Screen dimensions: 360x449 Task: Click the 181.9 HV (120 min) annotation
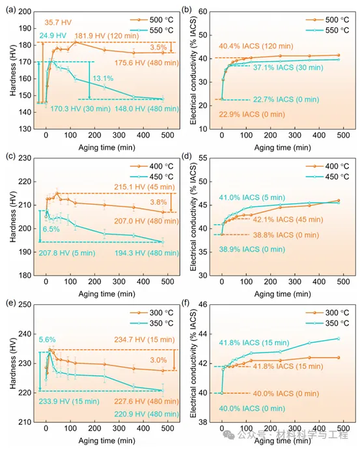click(x=107, y=36)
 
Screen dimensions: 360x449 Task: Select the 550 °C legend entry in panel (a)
click(x=152, y=31)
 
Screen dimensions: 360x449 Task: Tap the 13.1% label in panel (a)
click(x=103, y=78)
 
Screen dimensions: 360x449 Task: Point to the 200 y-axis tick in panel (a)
click(x=25, y=12)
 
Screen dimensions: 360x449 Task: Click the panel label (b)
click(x=187, y=10)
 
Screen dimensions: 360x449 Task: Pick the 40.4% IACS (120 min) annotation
click(x=256, y=46)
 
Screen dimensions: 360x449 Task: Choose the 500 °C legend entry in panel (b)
click(x=327, y=20)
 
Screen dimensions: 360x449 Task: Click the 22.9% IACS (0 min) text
click(x=252, y=115)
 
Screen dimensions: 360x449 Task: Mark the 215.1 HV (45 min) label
click(x=145, y=187)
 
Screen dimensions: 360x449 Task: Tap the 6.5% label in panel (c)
click(x=51, y=229)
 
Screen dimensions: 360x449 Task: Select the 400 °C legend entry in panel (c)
click(x=152, y=166)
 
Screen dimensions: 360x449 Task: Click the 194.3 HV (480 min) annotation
click(x=147, y=253)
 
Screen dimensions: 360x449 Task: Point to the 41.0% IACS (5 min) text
click(x=252, y=197)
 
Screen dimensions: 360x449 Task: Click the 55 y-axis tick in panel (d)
click(x=202, y=158)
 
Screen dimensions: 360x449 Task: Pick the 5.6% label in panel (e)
click(x=48, y=340)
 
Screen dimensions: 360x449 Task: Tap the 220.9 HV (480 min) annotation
click(x=147, y=414)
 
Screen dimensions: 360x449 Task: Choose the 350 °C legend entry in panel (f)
click(x=327, y=323)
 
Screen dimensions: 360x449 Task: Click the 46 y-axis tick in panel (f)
click(x=202, y=304)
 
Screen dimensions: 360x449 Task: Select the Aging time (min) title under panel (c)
click(x=107, y=294)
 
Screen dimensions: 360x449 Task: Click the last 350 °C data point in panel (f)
click(x=339, y=338)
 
